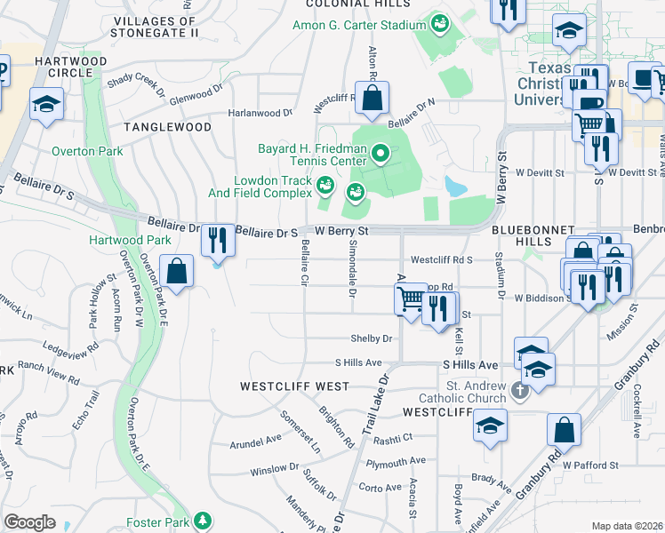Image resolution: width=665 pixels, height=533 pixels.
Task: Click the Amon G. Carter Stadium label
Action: click(360, 25)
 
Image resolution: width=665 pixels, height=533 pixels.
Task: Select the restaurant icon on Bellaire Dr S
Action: click(217, 239)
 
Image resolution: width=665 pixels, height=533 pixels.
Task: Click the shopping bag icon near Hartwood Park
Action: click(178, 272)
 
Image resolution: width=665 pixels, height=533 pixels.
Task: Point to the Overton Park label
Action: click(87, 152)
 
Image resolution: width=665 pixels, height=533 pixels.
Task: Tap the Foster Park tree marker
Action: click(204, 520)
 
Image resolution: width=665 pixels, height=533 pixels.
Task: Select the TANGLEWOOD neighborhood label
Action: click(168, 127)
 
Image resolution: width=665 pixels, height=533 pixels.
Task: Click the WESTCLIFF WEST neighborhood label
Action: click(294, 386)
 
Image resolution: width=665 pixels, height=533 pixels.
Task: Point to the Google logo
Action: click(29, 521)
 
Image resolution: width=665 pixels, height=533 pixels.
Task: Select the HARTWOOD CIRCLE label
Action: click(71, 67)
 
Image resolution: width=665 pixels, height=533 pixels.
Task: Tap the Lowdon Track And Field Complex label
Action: click(273, 186)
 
